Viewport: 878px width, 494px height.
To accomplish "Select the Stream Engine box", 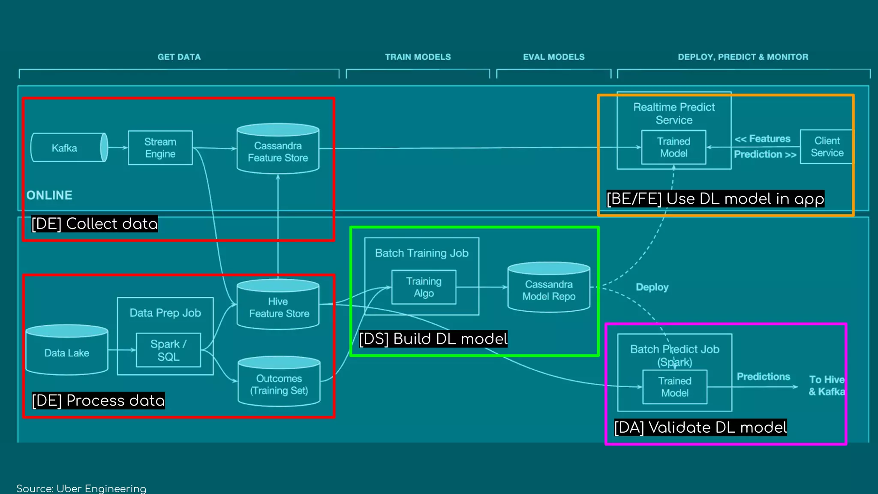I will [160, 148].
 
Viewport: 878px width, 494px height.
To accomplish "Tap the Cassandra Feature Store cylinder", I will [278, 150].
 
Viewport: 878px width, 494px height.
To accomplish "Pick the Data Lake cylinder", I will [67, 352].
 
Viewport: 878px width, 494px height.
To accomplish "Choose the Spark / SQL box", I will [168, 350].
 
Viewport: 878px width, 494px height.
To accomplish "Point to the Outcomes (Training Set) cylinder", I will [279, 383].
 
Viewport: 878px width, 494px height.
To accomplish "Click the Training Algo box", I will [424, 287].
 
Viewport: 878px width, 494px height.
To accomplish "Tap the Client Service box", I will [827, 147].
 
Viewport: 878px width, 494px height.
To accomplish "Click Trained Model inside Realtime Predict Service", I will [674, 148].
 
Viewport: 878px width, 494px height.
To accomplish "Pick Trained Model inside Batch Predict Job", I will [675, 387].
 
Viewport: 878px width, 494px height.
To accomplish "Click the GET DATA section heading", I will [179, 57].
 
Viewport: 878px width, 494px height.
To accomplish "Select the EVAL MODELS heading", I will [553, 57].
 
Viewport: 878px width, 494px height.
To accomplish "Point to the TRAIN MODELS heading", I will [418, 57].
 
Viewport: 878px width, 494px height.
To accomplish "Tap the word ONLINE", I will [49, 196].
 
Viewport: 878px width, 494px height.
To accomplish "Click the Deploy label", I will [652, 287].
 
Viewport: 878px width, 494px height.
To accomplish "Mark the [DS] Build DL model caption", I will [433, 339].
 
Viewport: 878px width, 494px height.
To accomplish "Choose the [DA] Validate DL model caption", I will [701, 428].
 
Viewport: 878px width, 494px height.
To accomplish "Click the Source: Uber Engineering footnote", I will [81, 488].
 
